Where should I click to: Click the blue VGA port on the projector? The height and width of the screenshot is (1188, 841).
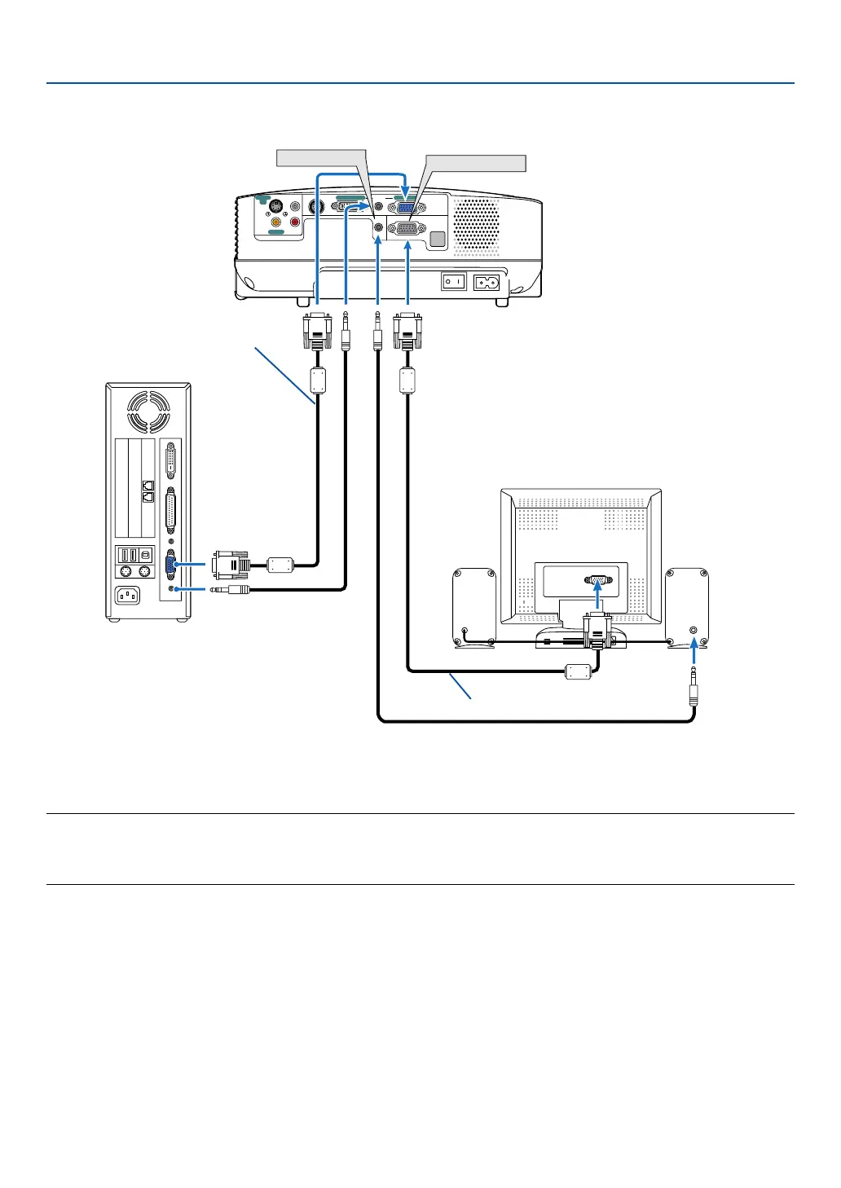click(407, 207)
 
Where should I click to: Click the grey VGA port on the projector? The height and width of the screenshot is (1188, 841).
click(407, 230)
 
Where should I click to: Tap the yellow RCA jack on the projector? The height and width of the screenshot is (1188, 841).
click(276, 221)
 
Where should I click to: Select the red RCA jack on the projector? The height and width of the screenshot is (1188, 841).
click(295, 221)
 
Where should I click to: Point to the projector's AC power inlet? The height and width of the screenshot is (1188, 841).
click(487, 282)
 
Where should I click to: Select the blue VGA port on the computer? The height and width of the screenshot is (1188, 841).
click(170, 565)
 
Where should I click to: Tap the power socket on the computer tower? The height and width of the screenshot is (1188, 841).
click(127, 596)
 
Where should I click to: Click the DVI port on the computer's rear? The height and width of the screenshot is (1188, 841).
click(170, 460)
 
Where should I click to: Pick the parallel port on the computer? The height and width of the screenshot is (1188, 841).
click(170, 510)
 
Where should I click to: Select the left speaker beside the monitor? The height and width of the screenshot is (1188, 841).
click(474, 607)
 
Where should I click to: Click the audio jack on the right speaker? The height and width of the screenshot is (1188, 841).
click(693, 630)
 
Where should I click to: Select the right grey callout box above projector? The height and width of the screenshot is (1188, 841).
click(475, 163)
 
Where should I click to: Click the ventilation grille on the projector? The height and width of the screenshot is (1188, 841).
click(476, 225)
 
